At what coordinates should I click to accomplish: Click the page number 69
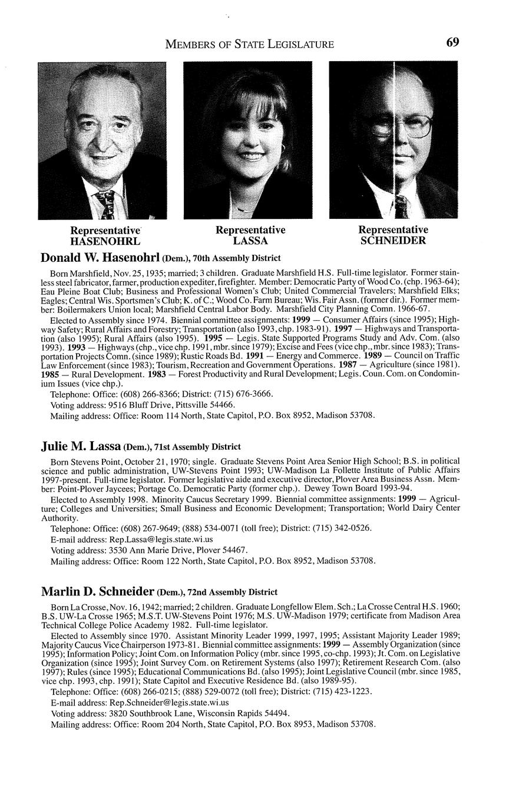452,42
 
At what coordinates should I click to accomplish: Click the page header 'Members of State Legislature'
250,44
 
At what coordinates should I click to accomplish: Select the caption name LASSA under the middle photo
250,241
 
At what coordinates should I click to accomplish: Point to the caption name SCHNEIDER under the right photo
393,241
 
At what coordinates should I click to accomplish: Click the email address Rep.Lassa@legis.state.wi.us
161,539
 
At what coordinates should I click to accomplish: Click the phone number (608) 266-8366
150,394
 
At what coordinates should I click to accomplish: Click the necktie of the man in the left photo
108,204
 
